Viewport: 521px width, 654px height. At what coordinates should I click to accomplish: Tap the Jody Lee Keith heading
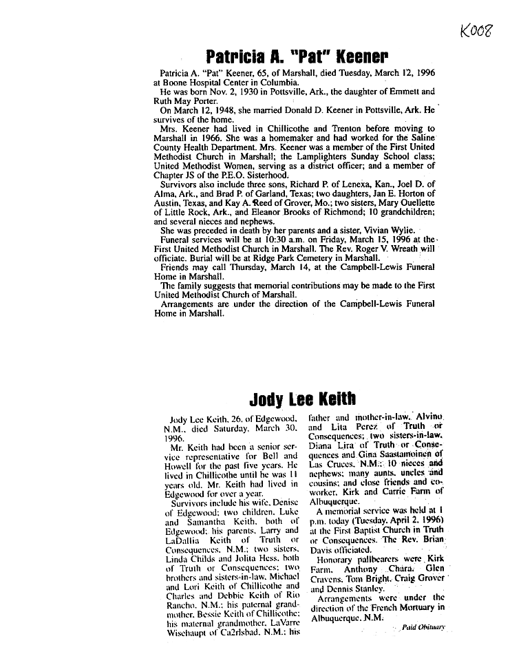(302, 399)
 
